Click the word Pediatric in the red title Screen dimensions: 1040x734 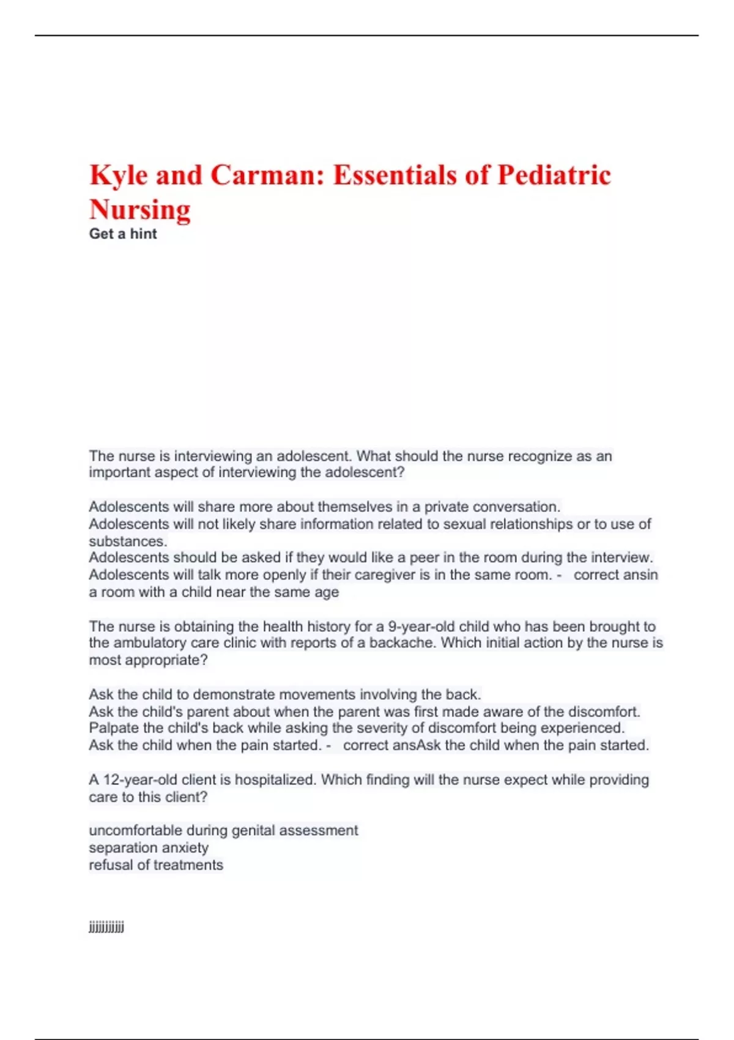pyautogui.click(x=554, y=176)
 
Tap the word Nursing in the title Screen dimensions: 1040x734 pyautogui.click(x=140, y=210)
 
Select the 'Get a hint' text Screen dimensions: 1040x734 pyautogui.click(x=123, y=234)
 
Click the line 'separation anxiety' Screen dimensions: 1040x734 pyautogui.click(x=149, y=848)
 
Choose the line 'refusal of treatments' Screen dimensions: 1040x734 pyautogui.click(x=156, y=865)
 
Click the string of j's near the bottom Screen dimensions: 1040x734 pyautogui.click(x=106, y=927)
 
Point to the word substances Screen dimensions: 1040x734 pyautogui.click(x=127, y=541)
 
